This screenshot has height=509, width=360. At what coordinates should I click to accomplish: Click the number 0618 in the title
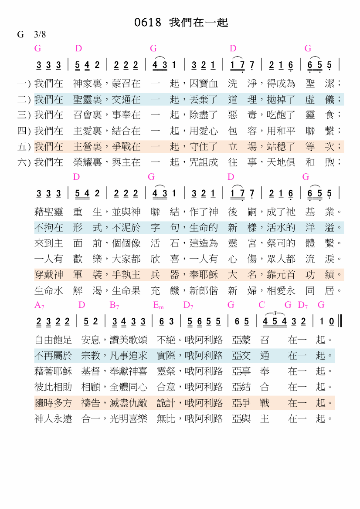148,23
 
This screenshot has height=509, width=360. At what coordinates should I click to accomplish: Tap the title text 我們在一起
199,23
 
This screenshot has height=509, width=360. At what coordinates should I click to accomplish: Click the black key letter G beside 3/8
20,34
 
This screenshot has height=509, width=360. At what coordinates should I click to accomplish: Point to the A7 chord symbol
39,305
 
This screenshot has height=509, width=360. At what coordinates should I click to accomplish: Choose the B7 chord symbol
114,305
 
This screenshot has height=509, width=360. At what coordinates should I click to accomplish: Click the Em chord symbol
158,305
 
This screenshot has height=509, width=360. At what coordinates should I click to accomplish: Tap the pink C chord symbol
262,305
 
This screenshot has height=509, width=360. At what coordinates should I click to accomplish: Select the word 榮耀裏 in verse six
88,162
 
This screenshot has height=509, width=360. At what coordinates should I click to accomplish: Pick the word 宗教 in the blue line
91,356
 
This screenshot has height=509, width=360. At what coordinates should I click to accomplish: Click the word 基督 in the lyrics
91,371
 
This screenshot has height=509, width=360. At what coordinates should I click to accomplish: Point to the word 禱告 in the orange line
91,403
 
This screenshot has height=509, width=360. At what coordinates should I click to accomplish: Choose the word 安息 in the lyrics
91,340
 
